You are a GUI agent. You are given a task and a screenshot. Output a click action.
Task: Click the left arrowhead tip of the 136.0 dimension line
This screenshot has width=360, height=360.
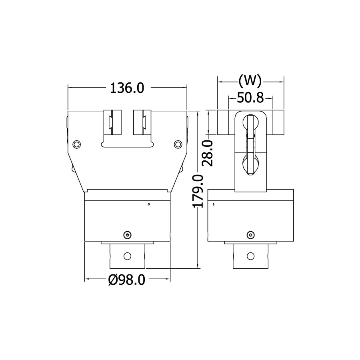click(68, 88)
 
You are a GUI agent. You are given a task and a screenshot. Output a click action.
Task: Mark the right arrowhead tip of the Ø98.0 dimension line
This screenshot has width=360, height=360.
click(170, 279)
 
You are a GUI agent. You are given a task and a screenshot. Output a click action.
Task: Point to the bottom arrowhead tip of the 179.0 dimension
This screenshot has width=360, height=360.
click(198, 268)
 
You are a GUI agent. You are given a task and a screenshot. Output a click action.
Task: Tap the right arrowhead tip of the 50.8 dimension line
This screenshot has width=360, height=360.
click(273, 98)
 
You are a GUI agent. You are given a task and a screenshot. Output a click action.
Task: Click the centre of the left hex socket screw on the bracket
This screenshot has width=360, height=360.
click(77, 144)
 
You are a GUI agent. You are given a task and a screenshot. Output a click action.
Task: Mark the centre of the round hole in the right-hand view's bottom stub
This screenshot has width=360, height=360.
click(250, 256)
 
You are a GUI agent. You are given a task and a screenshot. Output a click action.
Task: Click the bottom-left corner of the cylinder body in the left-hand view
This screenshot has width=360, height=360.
click(85, 241)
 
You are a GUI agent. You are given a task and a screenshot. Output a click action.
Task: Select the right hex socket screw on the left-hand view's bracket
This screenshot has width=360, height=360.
click(178, 144)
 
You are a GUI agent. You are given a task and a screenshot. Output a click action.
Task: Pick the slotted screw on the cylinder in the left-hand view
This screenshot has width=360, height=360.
click(127, 235)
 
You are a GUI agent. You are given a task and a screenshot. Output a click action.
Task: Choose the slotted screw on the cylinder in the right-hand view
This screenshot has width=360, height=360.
click(250, 235)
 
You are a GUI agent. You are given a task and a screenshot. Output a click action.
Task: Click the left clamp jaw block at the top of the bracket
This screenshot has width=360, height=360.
click(112, 122)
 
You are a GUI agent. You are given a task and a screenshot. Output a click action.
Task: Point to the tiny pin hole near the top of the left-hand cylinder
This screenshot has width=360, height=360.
click(149, 204)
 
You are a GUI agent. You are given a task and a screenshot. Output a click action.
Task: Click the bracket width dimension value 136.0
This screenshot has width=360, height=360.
click(127, 88)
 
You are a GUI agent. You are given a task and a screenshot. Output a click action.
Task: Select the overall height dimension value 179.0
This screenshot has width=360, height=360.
click(198, 191)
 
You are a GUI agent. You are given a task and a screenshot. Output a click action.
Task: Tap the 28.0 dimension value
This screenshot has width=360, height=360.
click(208, 153)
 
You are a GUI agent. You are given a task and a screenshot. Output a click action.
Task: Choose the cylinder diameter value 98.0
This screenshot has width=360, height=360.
click(132, 280)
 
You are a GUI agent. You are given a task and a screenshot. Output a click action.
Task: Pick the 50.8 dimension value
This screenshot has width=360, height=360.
click(250, 98)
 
